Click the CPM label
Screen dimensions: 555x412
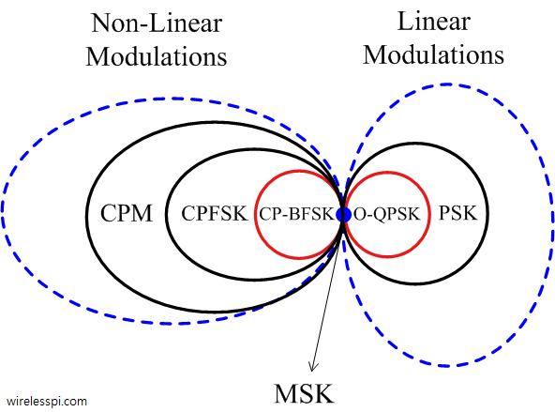[x=127, y=213]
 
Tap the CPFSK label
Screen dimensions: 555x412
[x=214, y=214]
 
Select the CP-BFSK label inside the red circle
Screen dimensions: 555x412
[x=296, y=214]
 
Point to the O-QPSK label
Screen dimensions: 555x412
[x=387, y=214]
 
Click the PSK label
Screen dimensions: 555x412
[x=458, y=213]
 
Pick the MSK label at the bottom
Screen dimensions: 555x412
[x=304, y=393]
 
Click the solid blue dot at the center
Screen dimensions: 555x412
[x=343, y=215]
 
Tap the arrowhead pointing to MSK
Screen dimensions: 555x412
[x=312, y=367]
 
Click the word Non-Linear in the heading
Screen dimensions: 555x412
[x=157, y=23]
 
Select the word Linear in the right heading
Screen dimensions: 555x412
[x=434, y=22]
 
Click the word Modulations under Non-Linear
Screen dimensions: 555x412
[x=157, y=56]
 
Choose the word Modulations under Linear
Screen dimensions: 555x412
[x=433, y=55]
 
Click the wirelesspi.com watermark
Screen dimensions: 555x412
[x=46, y=402]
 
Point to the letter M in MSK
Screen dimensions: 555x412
[x=285, y=393]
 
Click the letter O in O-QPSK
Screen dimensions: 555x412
[x=360, y=214]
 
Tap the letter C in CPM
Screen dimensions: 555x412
[x=108, y=213]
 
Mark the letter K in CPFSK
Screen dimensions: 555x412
[x=240, y=214]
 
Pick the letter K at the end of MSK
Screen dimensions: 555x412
[x=325, y=393]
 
